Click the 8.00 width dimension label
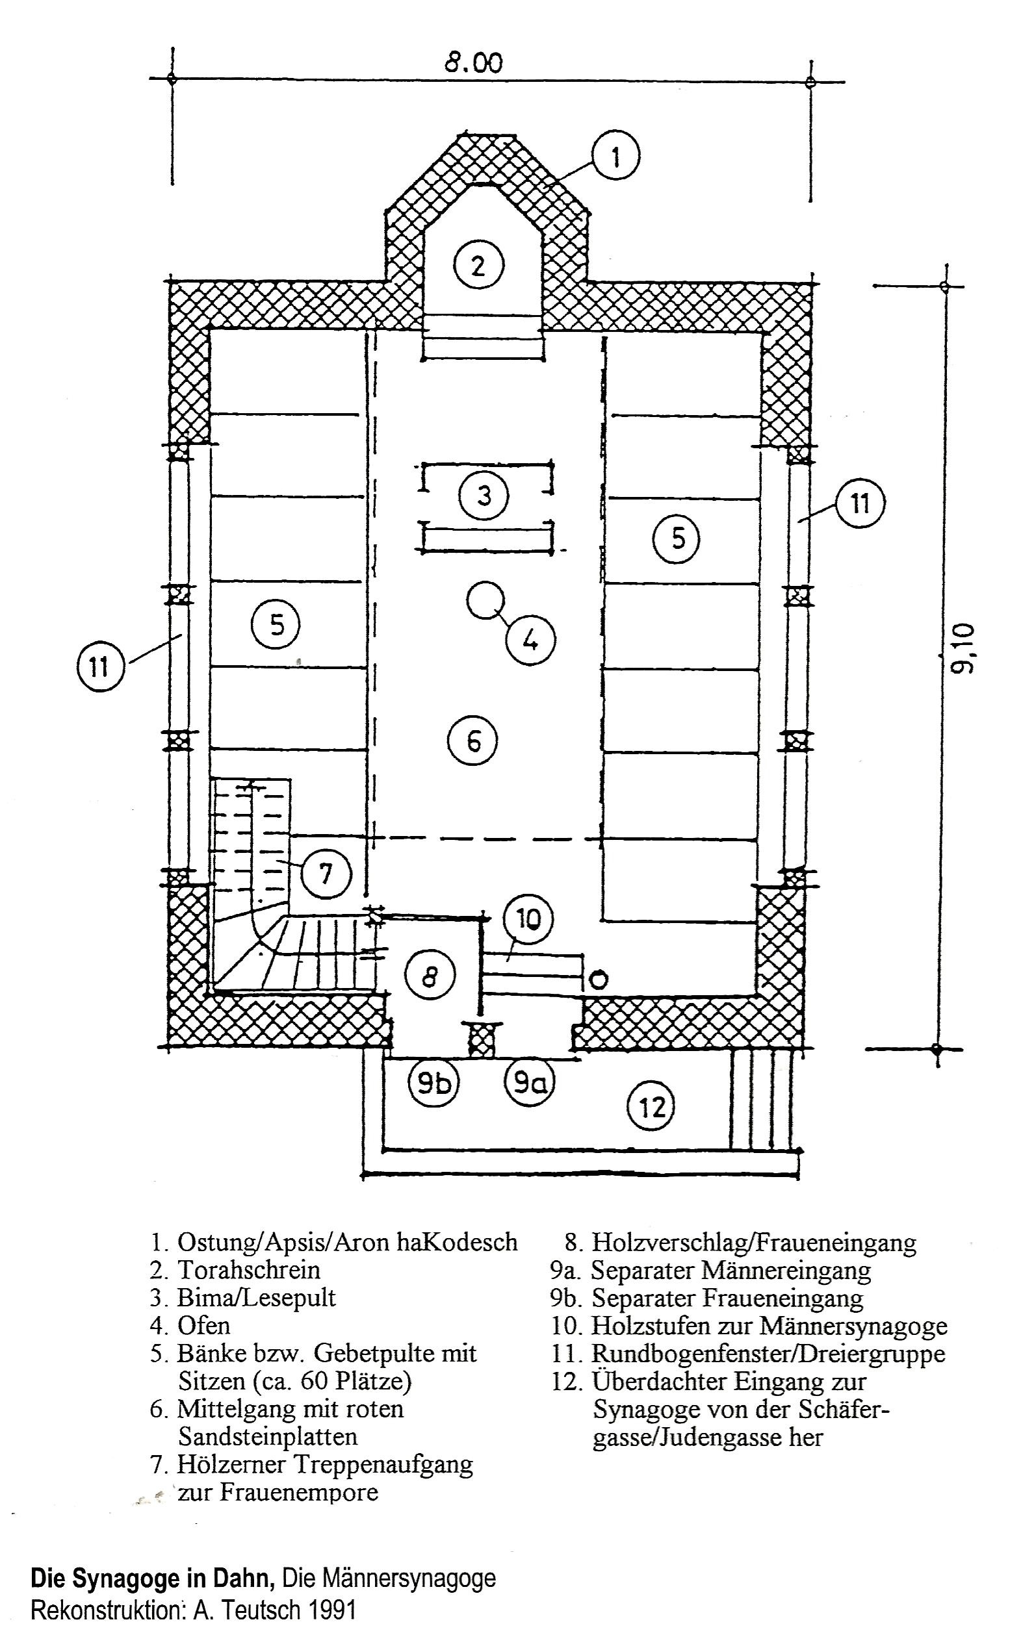click(x=473, y=64)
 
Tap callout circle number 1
click(x=615, y=157)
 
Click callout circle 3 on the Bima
click(x=484, y=496)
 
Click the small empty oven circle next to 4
click(x=485, y=600)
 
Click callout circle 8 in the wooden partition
click(x=430, y=976)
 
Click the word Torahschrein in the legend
click(x=249, y=1269)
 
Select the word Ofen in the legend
click(x=204, y=1325)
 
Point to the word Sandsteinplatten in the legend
click(x=268, y=1436)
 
